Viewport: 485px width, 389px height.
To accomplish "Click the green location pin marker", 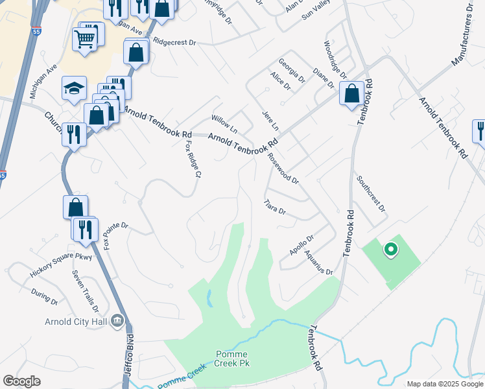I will pos(390,250).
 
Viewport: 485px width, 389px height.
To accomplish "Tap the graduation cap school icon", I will pos(73,88).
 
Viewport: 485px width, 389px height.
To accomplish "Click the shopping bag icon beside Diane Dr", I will pos(351,93).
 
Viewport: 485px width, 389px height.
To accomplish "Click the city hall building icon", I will pos(117,320).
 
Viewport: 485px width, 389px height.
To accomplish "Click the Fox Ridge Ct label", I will pos(193,158).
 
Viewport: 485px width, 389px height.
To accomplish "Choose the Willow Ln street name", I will pos(224,122).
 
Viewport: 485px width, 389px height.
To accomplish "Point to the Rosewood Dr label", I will pos(283,170).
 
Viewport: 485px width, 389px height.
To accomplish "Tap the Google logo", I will pos(21,381).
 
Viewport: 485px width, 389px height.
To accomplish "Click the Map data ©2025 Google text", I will pos(444,384).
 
